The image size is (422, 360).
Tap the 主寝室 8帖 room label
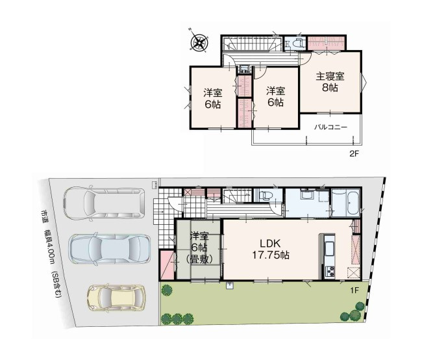pos(330,82)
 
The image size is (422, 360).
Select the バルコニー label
pos(331,127)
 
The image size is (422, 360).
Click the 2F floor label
pos(354,154)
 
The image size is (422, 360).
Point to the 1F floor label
pos(354,290)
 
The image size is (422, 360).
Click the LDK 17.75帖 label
pos(271,250)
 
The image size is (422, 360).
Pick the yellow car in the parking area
pos(116,298)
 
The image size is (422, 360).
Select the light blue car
pos(110,248)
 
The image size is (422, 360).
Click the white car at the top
pos(104,203)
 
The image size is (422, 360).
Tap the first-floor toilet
pos(265,195)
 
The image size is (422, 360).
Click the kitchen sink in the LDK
pos(329,249)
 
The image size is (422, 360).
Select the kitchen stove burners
pos(330,271)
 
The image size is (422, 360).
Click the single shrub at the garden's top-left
pos(167,290)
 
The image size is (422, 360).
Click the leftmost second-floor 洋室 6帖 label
pos(212,99)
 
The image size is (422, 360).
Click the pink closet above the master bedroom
pos(326,43)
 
